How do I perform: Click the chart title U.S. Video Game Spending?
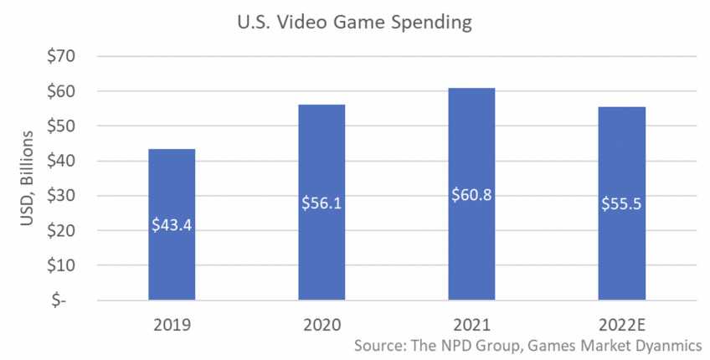click(x=354, y=23)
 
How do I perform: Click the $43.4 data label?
click(x=172, y=224)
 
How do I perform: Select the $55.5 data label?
click(x=621, y=203)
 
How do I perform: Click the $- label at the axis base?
click(x=64, y=301)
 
